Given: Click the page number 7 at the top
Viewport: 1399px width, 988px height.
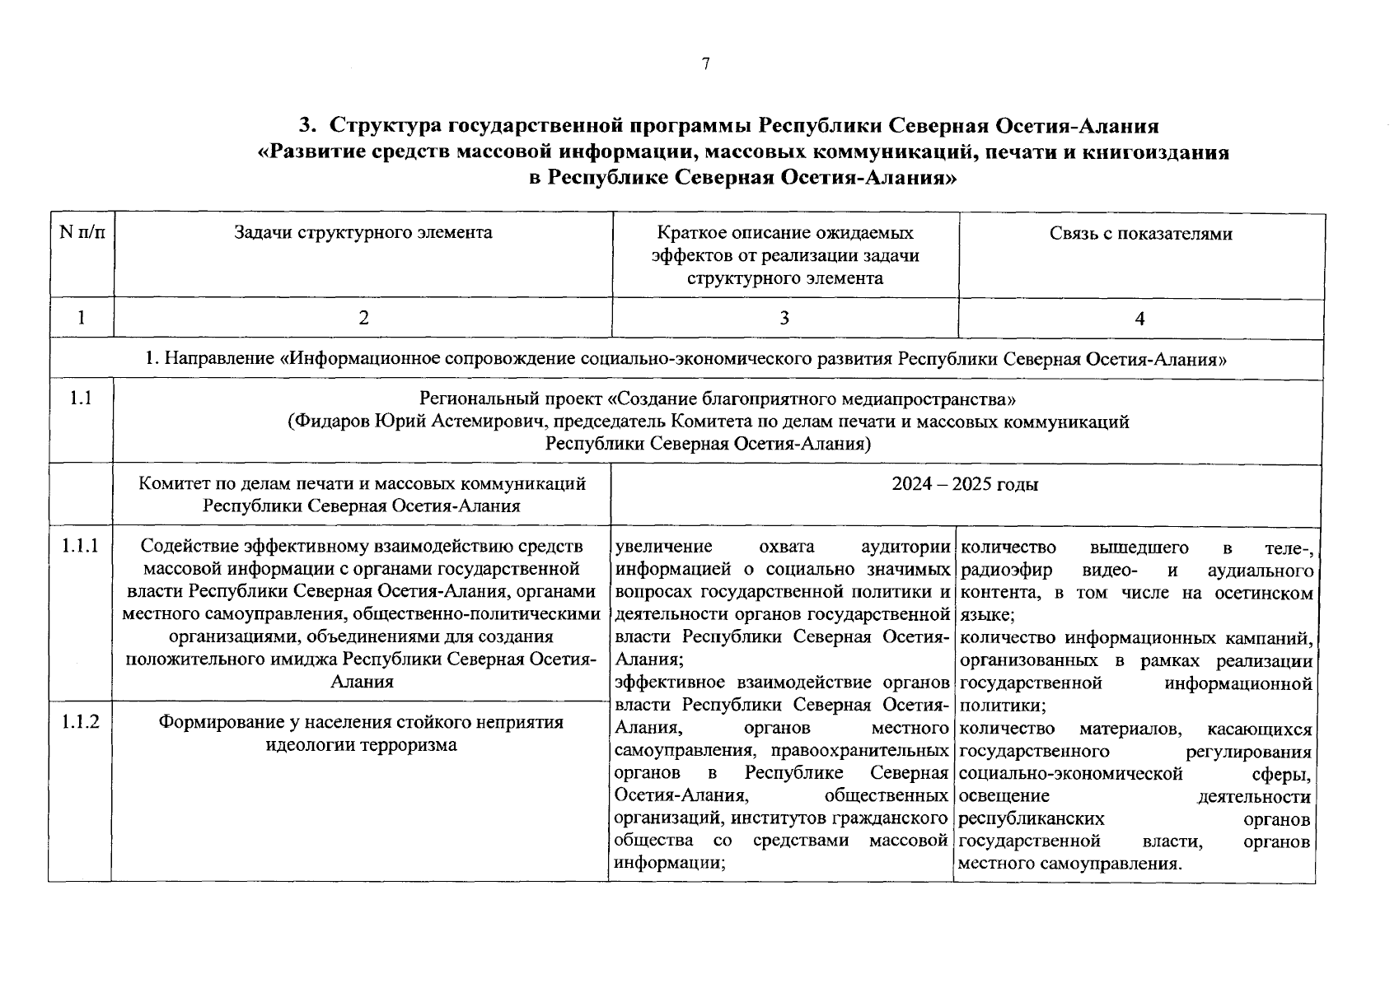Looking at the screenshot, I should pyautogui.click(x=705, y=64).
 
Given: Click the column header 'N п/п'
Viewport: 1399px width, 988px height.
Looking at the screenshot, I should pyautogui.click(x=82, y=233).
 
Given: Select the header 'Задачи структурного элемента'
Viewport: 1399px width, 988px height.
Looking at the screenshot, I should pyautogui.click(x=363, y=233).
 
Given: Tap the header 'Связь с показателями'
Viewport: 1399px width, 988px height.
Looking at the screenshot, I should pyautogui.click(x=1141, y=234).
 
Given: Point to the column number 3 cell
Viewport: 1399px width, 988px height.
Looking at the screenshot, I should pyautogui.click(x=784, y=319).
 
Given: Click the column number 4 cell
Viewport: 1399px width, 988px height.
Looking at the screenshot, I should pyautogui.click(x=1140, y=319).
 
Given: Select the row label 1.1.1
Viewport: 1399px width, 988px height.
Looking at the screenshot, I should pyautogui.click(x=81, y=546).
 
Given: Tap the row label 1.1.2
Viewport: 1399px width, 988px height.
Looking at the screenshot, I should pyautogui.click(x=81, y=722).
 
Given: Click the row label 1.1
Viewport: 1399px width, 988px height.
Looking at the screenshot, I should pyautogui.click(x=81, y=399).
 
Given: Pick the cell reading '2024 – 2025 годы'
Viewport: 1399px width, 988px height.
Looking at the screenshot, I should pyautogui.click(x=965, y=485).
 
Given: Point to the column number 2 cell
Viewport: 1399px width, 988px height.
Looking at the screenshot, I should pyautogui.click(x=363, y=319).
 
